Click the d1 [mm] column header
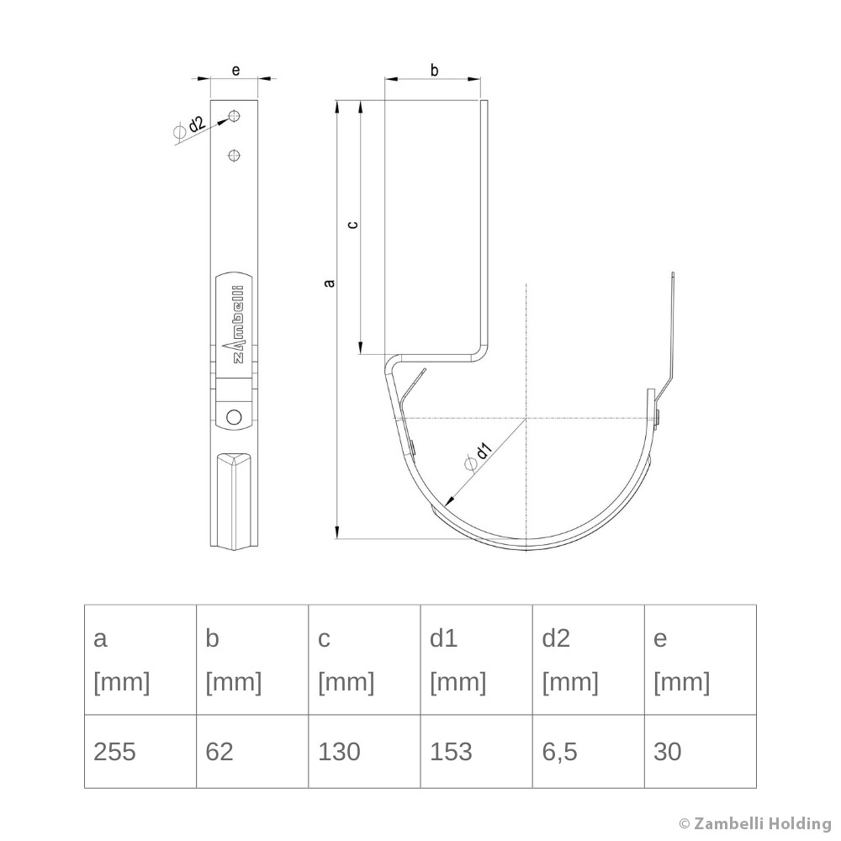tap(475, 660)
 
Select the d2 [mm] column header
tap(588, 660)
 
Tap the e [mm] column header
tap(700, 660)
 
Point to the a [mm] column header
tap(140, 660)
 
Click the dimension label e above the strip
tap(235, 70)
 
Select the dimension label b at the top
tap(434, 70)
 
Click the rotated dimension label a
tap(330, 283)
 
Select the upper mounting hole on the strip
tap(235, 115)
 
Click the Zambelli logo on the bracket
tap(236, 324)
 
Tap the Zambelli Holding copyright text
tap(754, 823)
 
